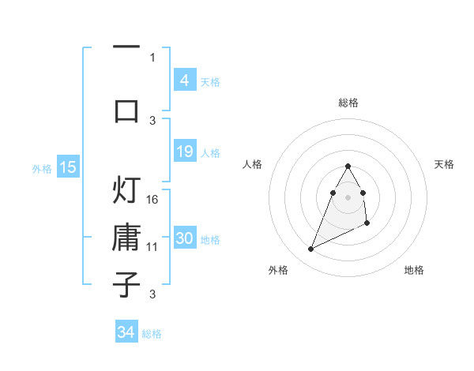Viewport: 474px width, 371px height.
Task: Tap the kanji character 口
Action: (x=126, y=110)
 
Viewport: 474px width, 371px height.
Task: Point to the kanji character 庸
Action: (x=126, y=238)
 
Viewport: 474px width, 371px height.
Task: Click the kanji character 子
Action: (x=126, y=284)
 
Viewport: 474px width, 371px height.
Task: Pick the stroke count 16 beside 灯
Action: (x=153, y=200)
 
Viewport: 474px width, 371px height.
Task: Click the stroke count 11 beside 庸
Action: (x=153, y=247)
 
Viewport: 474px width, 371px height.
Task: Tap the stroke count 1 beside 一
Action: (x=152, y=57)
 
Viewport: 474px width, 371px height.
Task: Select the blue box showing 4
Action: (x=184, y=81)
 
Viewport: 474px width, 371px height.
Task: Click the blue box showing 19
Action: (x=184, y=152)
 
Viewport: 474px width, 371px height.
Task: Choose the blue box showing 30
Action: (x=184, y=238)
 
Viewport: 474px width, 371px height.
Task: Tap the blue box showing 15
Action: (x=68, y=167)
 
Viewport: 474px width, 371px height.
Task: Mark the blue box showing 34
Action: (x=126, y=332)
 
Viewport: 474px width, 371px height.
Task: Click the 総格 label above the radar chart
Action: (x=348, y=103)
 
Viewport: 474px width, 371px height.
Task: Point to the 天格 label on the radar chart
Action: (x=445, y=164)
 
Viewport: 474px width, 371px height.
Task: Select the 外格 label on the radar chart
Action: (x=278, y=270)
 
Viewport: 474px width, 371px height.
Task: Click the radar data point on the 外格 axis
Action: (x=310, y=249)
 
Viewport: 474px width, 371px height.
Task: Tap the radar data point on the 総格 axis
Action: (x=348, y=166)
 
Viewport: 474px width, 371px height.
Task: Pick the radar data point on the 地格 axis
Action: (x=368, y=224)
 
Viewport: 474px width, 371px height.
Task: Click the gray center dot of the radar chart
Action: (x=348, y=197)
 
